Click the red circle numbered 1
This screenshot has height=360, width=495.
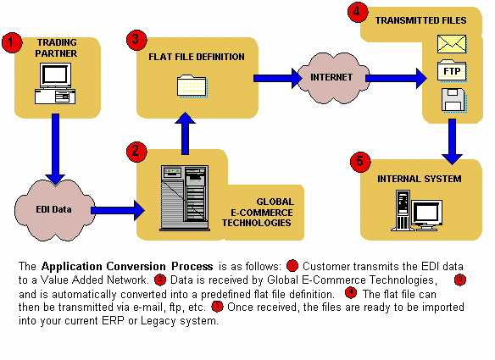pos(11,43)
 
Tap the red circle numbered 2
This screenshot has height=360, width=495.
pos(134,151)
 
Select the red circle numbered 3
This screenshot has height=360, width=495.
pos(134,39)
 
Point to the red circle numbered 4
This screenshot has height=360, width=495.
pos(358,12)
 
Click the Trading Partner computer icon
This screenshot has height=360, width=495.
pos(55,86)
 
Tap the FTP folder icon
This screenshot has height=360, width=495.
pos(452,71)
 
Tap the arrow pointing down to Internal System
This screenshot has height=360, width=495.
pos(453,141)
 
